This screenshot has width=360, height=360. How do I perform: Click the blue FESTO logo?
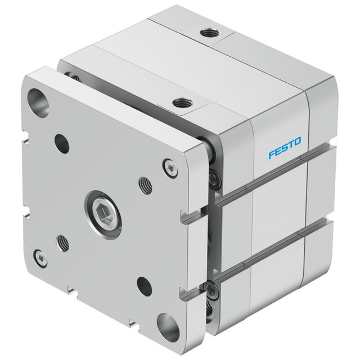(285, 148)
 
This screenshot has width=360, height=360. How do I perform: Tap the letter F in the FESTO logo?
(272, 154)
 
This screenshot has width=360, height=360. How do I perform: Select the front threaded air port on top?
(183, 102)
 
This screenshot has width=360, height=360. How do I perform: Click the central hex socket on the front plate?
(103, 214)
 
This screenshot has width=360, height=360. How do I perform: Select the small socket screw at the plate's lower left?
(40, 259)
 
